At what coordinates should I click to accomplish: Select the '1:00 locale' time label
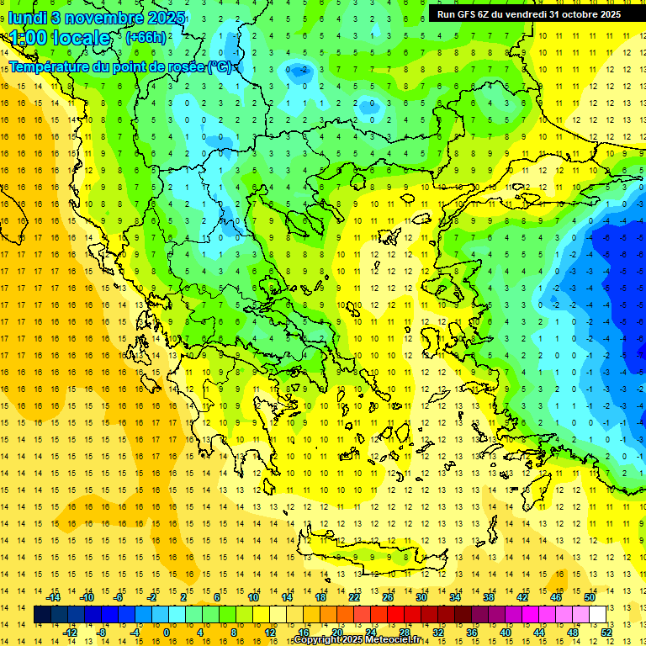61,38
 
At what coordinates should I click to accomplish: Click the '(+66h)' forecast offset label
146,38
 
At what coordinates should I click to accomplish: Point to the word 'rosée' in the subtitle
183,66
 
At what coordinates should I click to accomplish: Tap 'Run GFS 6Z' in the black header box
463,13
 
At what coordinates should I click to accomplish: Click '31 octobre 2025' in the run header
585,13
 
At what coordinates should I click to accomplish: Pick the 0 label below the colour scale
167,632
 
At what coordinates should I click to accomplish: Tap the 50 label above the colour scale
590,597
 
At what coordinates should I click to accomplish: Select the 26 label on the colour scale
388,597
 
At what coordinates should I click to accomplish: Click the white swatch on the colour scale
597,615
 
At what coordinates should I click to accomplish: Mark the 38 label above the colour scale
489,597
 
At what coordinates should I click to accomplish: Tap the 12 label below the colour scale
270,632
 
